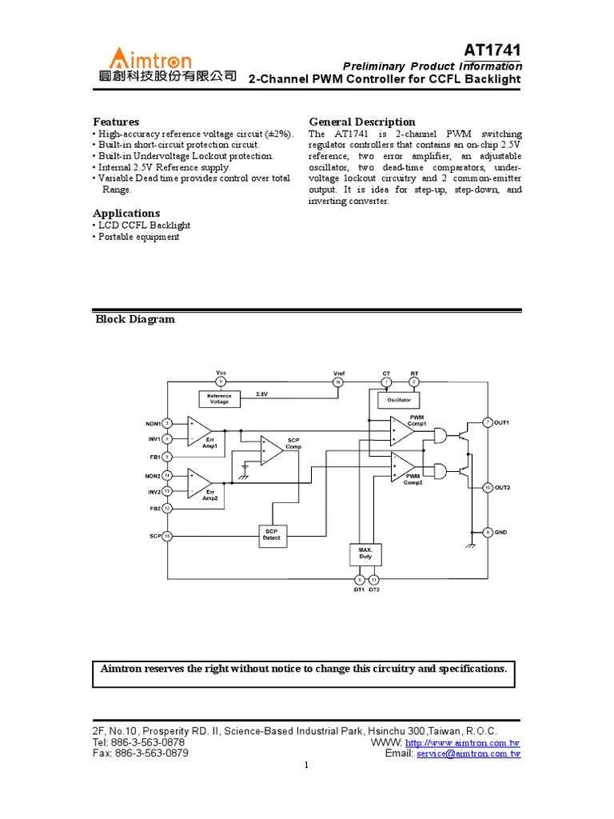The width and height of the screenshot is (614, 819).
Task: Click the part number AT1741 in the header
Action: (x=493, y=50)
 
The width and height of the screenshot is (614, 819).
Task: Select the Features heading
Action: (x=116, y=122)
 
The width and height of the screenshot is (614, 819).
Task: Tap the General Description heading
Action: (x=362, y=122)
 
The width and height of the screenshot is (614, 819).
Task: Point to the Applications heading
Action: (x=126, y=213)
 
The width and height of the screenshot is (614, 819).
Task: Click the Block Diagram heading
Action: (x=135, y=319)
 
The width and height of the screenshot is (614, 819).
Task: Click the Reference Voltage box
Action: (x=219, y=398)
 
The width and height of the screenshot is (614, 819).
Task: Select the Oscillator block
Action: (x=398, y=398)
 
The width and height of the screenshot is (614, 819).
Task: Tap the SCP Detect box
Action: (x=272, y=535)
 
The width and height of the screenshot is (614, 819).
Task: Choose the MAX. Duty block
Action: (x=365, y=553)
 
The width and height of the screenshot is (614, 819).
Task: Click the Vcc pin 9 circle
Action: (x=221, y=382)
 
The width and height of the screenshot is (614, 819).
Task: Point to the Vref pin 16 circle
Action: (x=338, y=382)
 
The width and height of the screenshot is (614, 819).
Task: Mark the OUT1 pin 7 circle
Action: (x=488, y=422)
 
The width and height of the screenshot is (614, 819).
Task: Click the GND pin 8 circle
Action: (x=488, y=532)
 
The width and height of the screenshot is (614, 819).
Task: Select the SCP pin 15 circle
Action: (x=167, y=536)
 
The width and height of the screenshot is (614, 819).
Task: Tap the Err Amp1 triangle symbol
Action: (x=198, y=431)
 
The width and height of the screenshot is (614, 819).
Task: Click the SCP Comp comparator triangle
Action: (x=271, y=452)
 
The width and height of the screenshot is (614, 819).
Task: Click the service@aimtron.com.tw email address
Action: (x=468, y=753)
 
